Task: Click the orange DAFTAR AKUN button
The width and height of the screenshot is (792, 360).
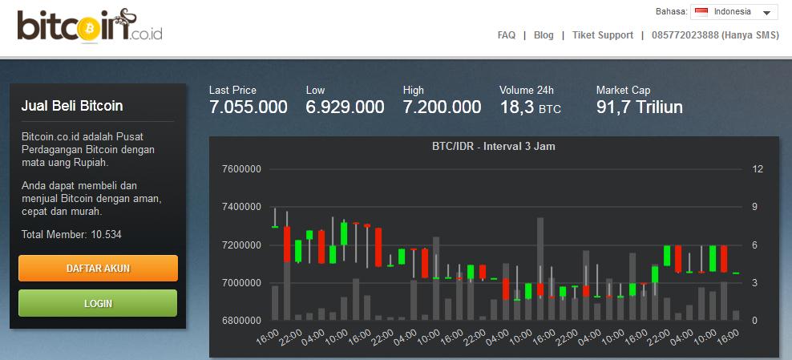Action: point(98,268)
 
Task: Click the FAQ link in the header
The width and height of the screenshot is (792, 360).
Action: point(506,35)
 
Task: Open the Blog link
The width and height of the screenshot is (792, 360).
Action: point(543,35)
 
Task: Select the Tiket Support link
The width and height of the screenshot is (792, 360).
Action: point(603,35)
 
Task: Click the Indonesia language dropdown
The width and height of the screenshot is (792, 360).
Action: point(734,12)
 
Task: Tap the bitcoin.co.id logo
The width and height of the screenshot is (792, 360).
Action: point(90,26)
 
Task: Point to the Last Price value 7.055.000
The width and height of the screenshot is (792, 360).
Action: point(248,107)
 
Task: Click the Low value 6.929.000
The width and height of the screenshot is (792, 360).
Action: point(345,107)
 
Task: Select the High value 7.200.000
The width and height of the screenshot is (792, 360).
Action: point(442,107)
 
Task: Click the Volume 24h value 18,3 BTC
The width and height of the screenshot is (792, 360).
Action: point(531,107)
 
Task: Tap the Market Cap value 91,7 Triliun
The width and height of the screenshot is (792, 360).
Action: point(640,107)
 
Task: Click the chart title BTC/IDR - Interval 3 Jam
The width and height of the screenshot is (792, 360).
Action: point(494,147)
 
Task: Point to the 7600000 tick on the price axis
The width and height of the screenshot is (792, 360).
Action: point(241,169)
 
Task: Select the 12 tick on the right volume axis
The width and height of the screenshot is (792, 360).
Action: point(758,169)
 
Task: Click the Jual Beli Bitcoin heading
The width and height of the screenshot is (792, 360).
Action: point(72,106)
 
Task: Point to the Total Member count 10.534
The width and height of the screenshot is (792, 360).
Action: point(106,234)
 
